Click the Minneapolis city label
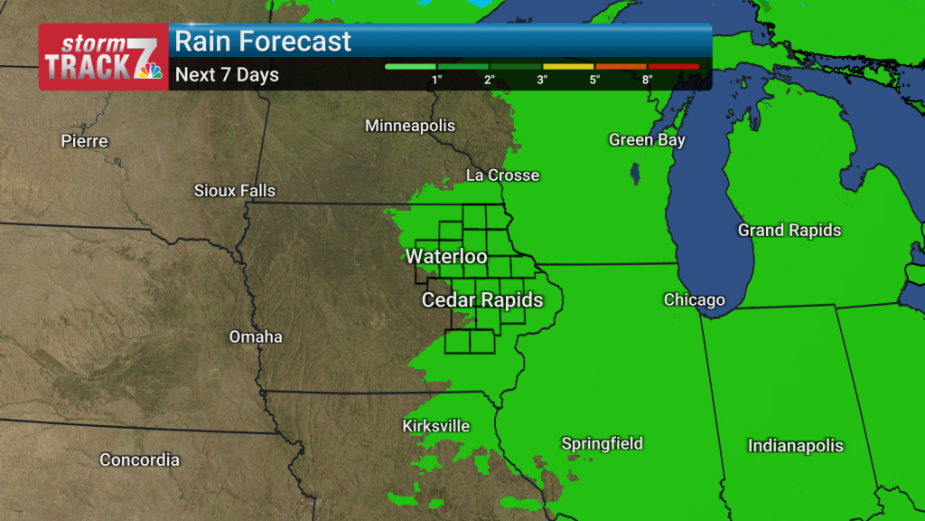[x=410, y=126]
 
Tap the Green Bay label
[x=647, y=140]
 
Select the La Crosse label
[x=502, y=175]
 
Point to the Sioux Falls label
[x=235, y=191]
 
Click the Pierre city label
[x=84, y=141]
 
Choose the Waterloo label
[x=446, y=257]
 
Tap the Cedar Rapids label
[x=482, y=300]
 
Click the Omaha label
[x=256, y=337]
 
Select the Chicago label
[x=695, y=300]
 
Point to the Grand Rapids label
[x=790, y=231]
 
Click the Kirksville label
[x=436, y=426]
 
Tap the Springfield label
[x=603, y=443]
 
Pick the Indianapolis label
[x=796, y=446]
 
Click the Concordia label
[x=139, y=460]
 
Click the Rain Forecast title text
[x=263, y=42]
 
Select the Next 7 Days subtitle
[x=227, y=75]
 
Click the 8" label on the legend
[x=648, y=80]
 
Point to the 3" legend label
[x=543, y=80]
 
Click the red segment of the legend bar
[x=673, y=67]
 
